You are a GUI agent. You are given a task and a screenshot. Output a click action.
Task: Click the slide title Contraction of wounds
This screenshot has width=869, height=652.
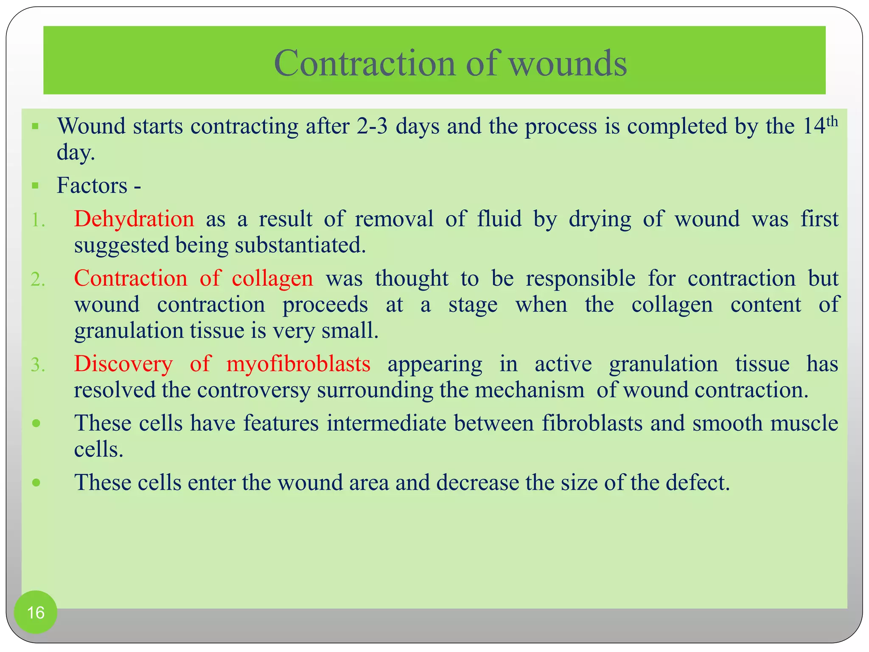tap(450, 63)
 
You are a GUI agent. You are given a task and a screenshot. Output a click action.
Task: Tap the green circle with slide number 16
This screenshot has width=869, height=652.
tap(36, 612)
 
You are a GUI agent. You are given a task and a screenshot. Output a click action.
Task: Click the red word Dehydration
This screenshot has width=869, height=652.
tap(134, 219)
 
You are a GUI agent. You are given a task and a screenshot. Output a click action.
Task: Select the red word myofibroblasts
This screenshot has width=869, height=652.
tap(298, 364)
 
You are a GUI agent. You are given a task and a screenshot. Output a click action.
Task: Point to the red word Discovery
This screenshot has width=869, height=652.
tap(123, 364)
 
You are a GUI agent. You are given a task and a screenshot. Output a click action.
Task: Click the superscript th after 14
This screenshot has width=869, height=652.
tap(833, 121)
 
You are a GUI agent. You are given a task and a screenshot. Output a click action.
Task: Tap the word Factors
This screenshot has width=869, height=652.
tap(92, 186)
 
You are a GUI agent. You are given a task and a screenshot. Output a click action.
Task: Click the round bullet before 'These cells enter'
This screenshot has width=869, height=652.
tap(36, 483)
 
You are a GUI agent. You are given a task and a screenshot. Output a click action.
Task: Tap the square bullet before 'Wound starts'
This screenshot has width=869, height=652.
tap(35, 126)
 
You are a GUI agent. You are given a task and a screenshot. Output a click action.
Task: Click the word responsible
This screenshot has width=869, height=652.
tap(580, 279)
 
